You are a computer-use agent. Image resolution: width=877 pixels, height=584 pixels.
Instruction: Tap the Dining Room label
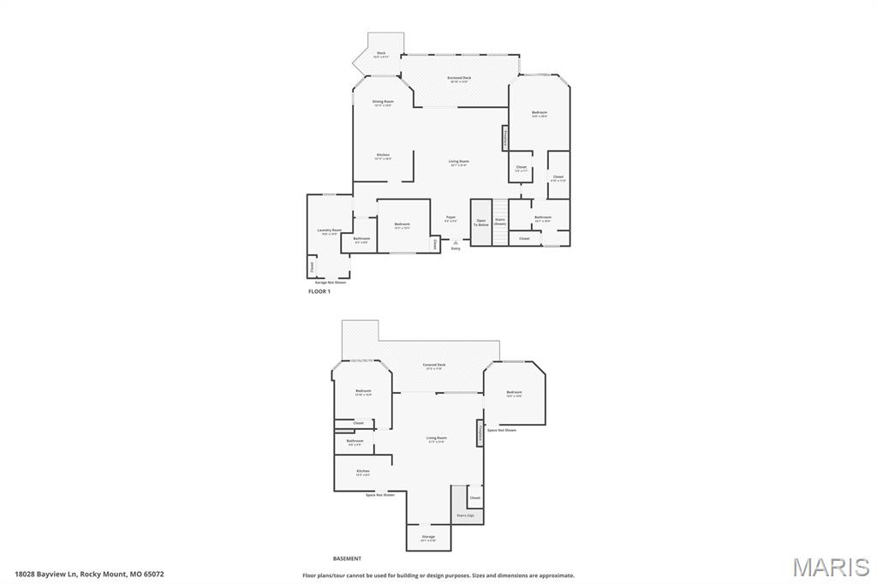pyautogui.click(x=383, y=103)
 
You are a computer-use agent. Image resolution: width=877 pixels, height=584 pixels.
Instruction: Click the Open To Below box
pyautogui.click(x=481, y=223)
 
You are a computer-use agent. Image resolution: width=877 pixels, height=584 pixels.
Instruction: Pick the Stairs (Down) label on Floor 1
pyautogui.click(x=500, y=222)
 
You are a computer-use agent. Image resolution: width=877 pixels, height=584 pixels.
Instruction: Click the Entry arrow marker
pyautogui.click(x=456, y=244)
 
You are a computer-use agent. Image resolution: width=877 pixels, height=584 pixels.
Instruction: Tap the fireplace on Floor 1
pyautogui.click(x=505, y=138)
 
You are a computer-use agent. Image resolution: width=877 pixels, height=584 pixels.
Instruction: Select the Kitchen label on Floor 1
pyautogui.click(x=383, y=157)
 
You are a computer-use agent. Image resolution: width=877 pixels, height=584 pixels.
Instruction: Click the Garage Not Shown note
pyautogui.click(x=331, y=282)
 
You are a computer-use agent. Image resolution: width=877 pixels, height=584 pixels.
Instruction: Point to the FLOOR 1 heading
pyautogui.click(x=319, y=292)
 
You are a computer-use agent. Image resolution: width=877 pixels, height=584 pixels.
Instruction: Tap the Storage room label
pyautogui.click(x=428, y=539)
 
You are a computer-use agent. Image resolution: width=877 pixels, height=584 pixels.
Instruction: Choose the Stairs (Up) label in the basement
pyautogui.click(x=466, y=515)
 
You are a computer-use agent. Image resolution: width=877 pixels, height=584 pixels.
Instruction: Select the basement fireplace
pyautogui.click(x=480, y=433)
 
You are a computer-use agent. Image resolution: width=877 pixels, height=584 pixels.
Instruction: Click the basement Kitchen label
pyautogui.click(x=363, y=472)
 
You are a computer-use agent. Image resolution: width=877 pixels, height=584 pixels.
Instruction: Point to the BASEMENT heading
pyautogui.click(x=347, y=558)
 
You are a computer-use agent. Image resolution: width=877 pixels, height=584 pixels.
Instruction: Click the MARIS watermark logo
pyautogui.click(x=831, y=567)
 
